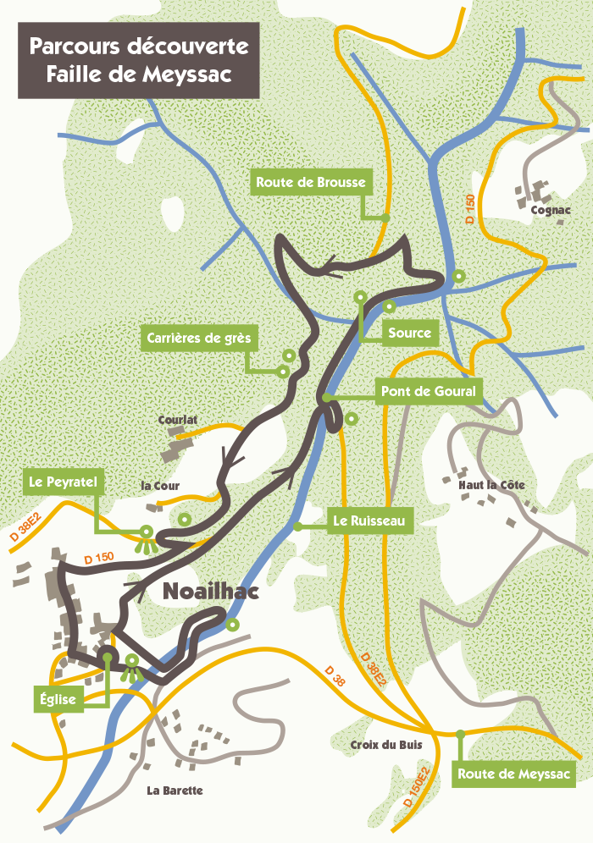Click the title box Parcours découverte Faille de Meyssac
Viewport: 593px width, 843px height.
(126, 60)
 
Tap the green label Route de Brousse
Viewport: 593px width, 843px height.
(311, 182)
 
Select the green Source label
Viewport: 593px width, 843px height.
(410, 333)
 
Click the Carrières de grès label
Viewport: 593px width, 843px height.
(199, 339)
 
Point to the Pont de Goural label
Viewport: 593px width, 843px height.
(429, 391)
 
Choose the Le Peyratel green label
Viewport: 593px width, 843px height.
(64, 482)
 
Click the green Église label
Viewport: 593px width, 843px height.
(58, 699)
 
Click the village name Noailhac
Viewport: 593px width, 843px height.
(209, 593)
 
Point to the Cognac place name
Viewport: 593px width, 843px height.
(551, 210)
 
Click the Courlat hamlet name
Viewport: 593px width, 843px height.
(178, 419)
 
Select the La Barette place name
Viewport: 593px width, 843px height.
(175, 791)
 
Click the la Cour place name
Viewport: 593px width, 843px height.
(160, 486)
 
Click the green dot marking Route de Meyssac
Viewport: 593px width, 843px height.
(460, 734)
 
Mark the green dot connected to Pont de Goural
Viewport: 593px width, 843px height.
(325, 397)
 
